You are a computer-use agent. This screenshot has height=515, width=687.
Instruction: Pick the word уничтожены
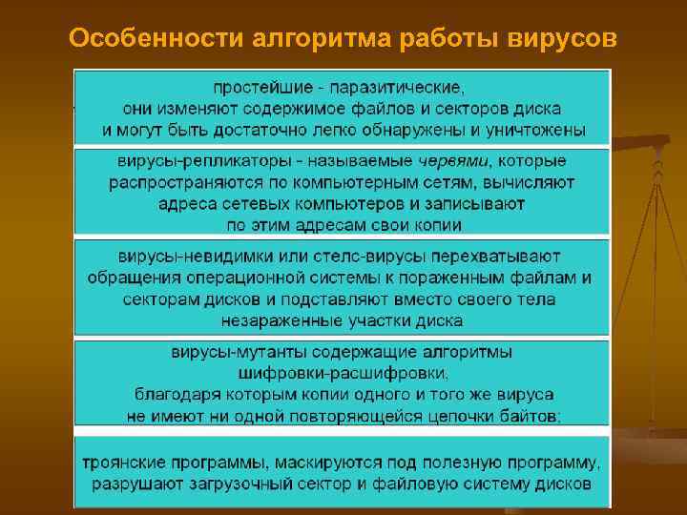(x=531, y=130)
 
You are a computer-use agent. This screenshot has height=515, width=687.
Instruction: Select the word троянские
(x=124, y=463)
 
